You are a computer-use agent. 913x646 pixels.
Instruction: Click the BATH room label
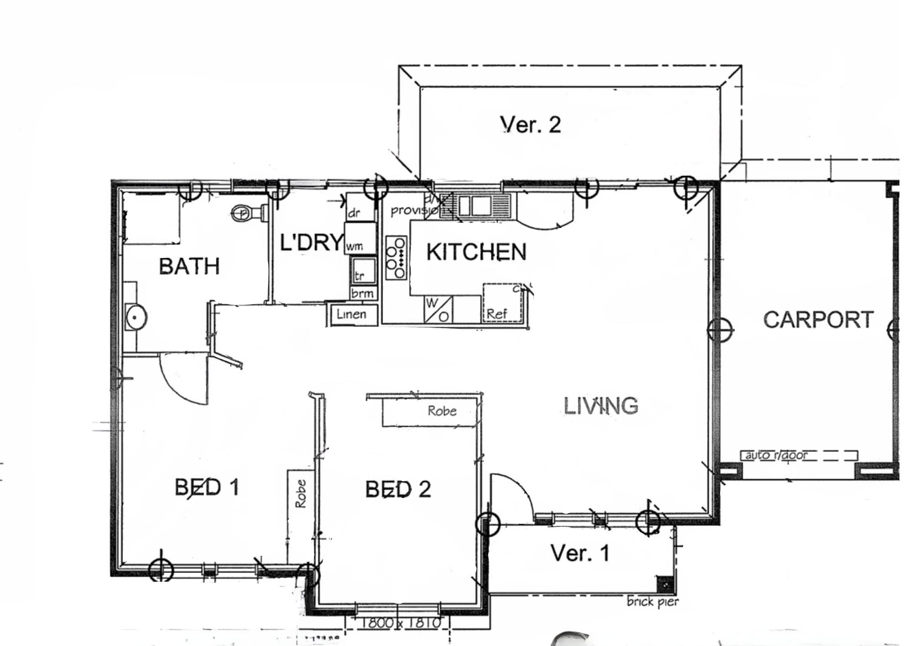tap(189, 266)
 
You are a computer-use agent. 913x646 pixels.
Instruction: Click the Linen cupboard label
tap(352, 314)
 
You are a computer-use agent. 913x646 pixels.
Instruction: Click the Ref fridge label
tap(497, 314)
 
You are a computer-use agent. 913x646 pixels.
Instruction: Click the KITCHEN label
tap(476, 252)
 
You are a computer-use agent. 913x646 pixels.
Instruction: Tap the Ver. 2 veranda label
tap(530, 125)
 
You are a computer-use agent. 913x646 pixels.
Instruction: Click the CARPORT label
tap(818, 320)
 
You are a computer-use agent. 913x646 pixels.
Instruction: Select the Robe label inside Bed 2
tap(442, 411)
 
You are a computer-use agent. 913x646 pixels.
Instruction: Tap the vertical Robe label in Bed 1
tap(300, 494)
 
